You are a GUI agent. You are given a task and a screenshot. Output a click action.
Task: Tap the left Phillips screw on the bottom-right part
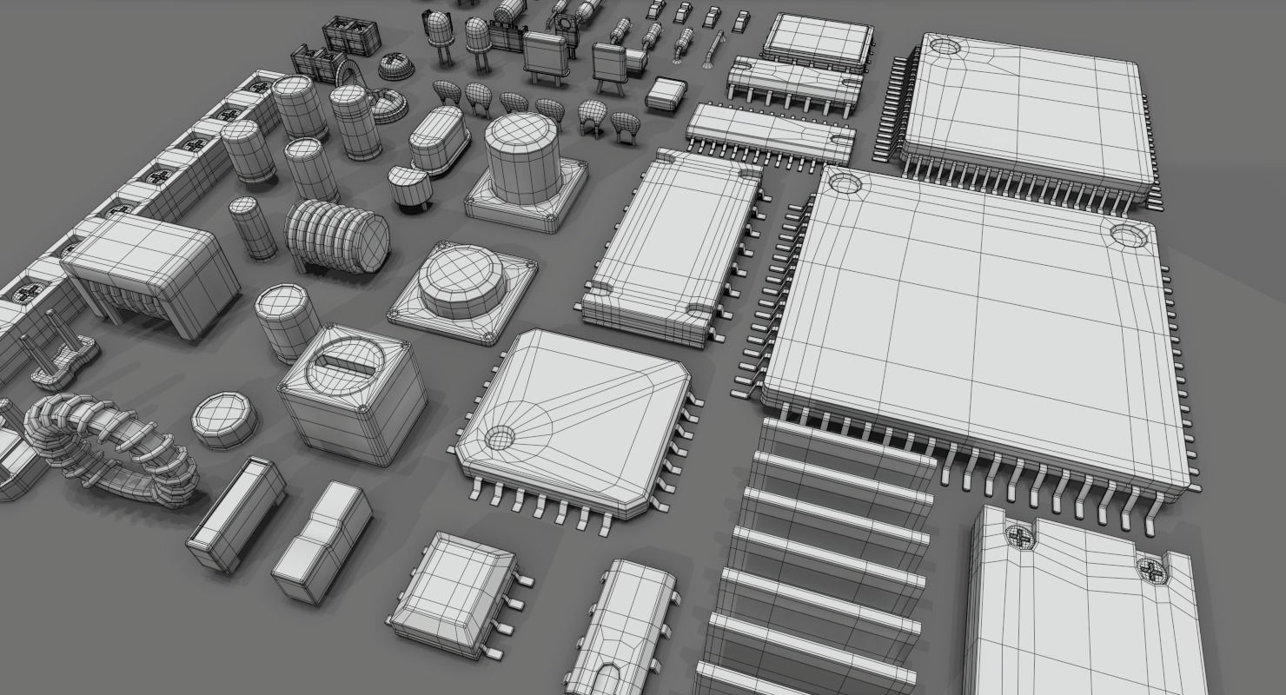coord(1019,536)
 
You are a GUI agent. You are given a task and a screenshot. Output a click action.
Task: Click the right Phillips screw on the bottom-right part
coord(1150,569)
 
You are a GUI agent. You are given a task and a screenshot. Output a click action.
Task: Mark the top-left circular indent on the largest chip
coord(843,183)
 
